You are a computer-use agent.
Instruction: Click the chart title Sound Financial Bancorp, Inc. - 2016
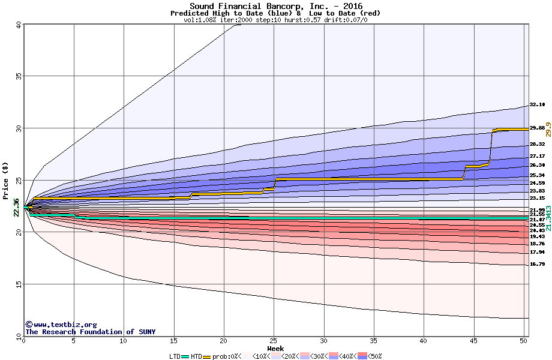tap(275, 6)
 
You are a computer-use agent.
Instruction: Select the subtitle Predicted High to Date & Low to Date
tap(275, 13)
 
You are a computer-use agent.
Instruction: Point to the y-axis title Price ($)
tap(6, 180)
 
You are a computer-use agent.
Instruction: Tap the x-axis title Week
tap(275, 348)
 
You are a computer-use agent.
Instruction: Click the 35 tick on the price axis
tap(18, 76)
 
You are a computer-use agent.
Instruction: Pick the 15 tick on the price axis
tap(18, 284)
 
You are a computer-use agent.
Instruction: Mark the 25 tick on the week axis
tap(274, 341)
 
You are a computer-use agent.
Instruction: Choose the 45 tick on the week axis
tap(474, 341)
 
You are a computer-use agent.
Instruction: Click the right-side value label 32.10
tap(537, 104)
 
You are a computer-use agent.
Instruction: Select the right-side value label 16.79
tap(537, 264)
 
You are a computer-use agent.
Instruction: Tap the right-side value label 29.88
tap(537, 128)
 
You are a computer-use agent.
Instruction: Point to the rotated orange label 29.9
tap(548, 129)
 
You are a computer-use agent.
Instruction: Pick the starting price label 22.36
tap(16, 208)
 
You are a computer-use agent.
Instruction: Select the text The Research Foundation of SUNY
tap(90, 332)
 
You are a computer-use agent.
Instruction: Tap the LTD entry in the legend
tap(175, 356)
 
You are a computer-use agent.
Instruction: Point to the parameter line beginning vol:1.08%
tap(275, 20)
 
